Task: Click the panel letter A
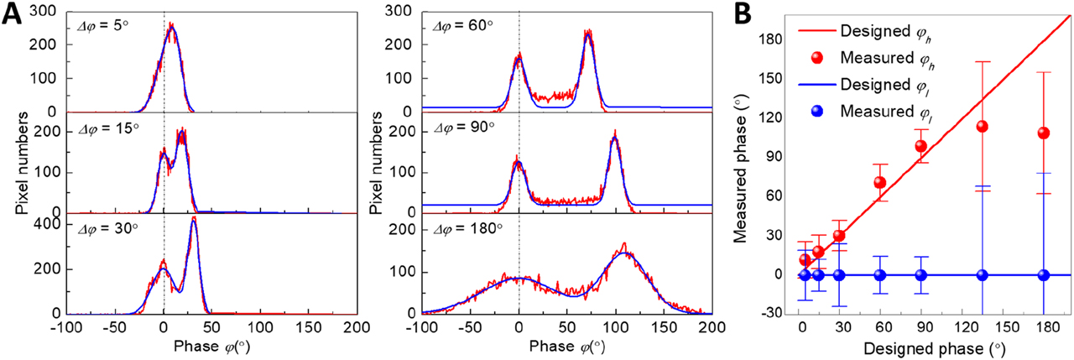[13, 14]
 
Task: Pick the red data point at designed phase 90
[920, 146]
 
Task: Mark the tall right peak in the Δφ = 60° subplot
[589, 35]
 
